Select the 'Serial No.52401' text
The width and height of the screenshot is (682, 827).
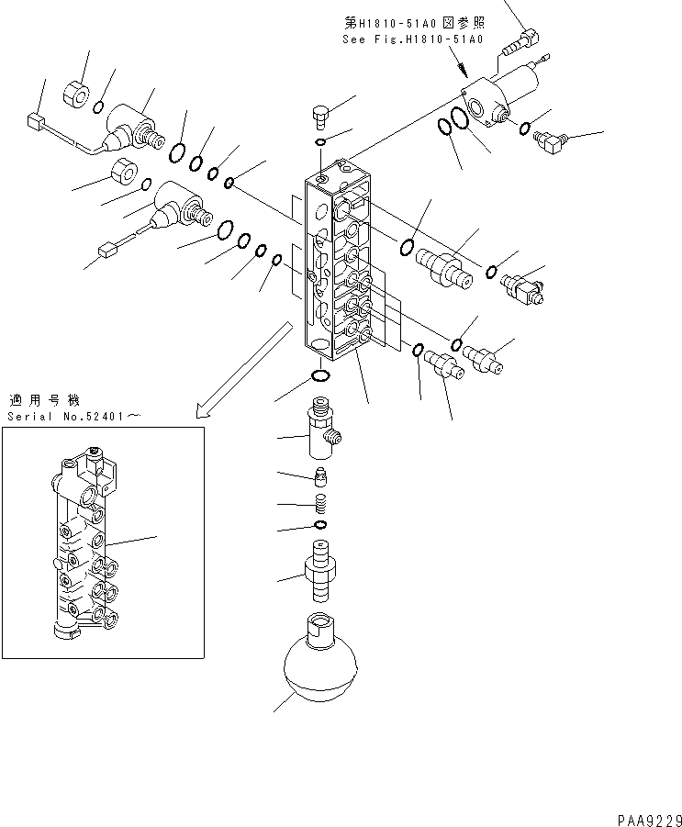74,417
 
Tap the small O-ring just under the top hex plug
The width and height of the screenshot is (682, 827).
319,142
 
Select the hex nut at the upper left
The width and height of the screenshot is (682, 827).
75,92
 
